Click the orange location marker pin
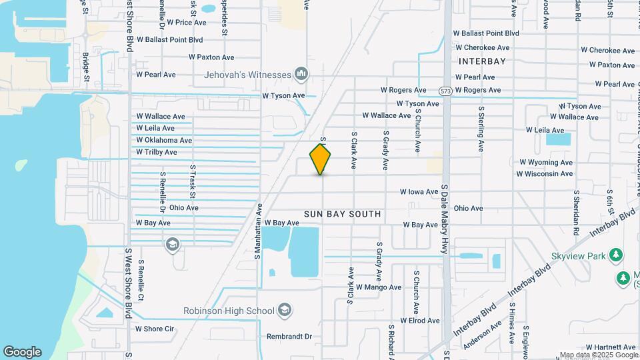tap(321, 159)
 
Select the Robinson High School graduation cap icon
tap(285, 311)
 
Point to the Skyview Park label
tap(577, 256)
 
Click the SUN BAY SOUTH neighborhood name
tap(343, 214)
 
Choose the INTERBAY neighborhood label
tap(482, 61)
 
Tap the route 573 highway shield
tap(446, 90)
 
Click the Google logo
tap(22, 351)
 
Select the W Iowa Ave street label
tap(419, 191)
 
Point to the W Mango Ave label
tap(378, 287)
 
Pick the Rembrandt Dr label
tap(289, 337)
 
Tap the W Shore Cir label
tap(154, 329)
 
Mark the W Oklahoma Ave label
tap(163, 140)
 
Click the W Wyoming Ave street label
tap(545, 162)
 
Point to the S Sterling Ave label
tap(481, 127)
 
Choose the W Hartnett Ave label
tap(611, 347)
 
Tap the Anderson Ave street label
tap(482, 331)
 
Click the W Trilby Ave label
tap(157, 152)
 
